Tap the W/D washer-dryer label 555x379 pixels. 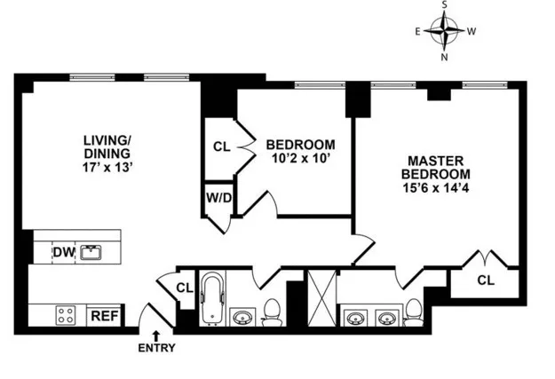(219, 197)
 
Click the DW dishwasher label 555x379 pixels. (62, 253)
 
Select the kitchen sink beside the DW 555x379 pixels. (91, 253)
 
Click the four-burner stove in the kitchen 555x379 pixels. (66, 314)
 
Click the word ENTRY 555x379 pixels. (156, 348)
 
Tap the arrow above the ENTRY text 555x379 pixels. (156, 335)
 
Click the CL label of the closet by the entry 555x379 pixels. (184, 288)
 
